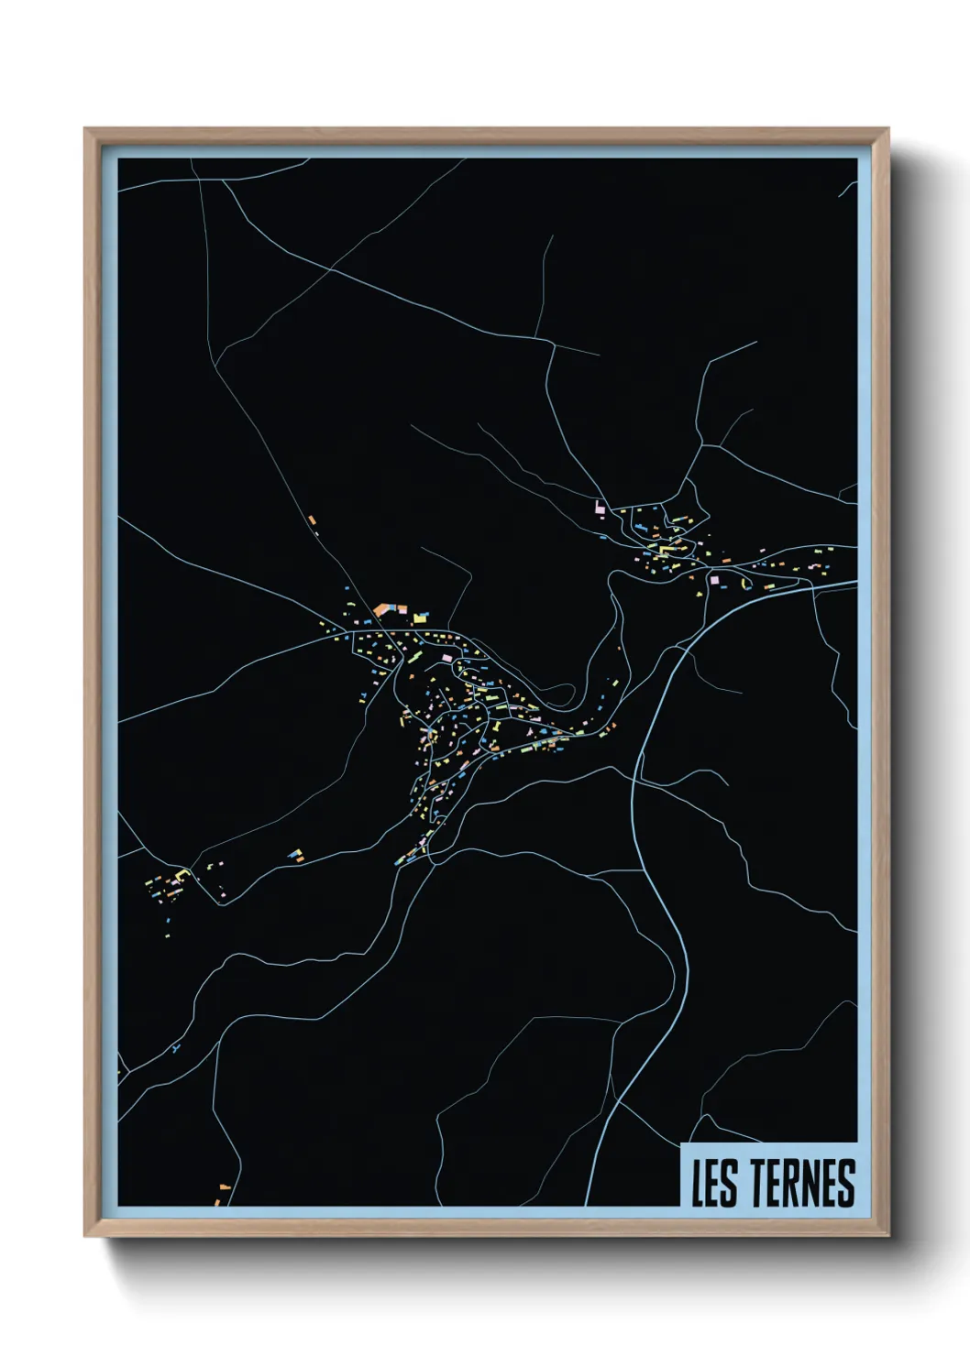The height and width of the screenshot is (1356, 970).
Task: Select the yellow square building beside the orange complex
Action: (x=421, y=618)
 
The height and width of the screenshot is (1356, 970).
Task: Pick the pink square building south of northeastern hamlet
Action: (x=714, y=579)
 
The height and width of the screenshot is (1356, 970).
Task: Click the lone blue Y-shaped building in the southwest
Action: (x=174, y=1046)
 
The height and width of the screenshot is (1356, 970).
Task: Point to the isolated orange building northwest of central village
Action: (x=312, y=520)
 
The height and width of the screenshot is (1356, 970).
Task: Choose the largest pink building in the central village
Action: (x=446, y=657)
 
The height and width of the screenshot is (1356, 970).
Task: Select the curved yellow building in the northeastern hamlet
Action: (x=680, y=520)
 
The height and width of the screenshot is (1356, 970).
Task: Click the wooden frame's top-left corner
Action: (x=86, y=130)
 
